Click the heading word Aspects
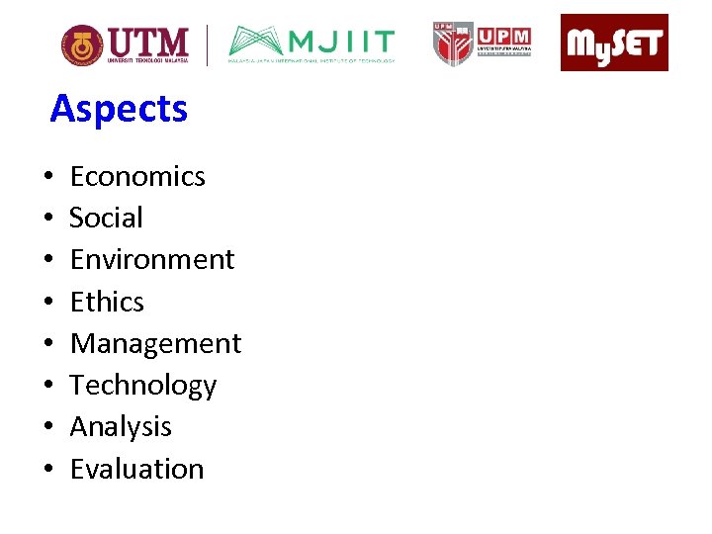119,109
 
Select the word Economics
137,176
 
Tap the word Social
106,218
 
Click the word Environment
152,259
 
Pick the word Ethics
107,302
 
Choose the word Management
155,343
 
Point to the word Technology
143,385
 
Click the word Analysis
121,426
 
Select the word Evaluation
136,469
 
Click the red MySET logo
614,43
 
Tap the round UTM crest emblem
81,44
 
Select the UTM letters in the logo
148,42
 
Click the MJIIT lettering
342,42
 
